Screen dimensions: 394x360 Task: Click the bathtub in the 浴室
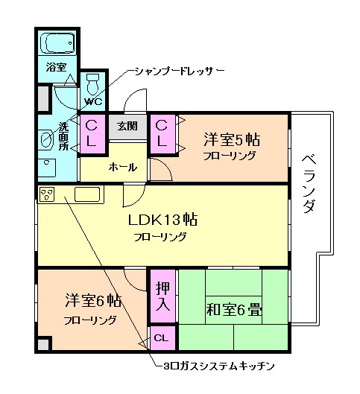point(57,44)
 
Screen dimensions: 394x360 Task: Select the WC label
point(93,101)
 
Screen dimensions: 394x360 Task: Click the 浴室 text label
point(57,67)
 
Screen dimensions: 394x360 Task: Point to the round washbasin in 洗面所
point(47,139)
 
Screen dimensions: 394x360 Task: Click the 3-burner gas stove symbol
point(47,195)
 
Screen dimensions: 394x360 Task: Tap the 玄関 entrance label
point(127,127)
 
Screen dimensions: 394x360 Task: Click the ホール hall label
point(121,165)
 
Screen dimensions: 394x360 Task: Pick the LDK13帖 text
point(162,220)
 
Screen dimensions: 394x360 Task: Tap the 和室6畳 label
point(233,309)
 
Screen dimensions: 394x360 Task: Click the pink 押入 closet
point(162,296)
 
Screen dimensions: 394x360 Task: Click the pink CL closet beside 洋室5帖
point(162,134)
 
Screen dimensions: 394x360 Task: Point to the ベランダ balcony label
point(308,183)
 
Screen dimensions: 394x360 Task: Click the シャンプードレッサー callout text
point(179,72)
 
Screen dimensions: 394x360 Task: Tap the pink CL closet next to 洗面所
point(93,134)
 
